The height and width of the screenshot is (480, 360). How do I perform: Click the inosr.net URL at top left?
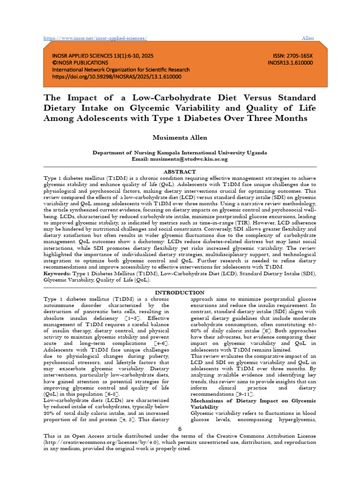(x=95, y=38)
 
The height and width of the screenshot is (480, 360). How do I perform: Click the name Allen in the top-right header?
(x=307, y=38)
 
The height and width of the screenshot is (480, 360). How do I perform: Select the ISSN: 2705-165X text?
(x=290, y=55)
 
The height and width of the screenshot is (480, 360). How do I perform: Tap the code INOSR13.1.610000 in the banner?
(x=290, y=62)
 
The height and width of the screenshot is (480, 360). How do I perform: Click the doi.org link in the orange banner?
(x=117, y=76)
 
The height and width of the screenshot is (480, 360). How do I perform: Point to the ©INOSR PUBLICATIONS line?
(x=80, y=62)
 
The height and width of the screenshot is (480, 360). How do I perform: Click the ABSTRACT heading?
(x=180, y=172)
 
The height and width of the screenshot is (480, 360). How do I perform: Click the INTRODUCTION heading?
(x=180, y=292)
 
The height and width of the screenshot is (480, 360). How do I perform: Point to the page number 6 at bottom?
(x=180, y=429)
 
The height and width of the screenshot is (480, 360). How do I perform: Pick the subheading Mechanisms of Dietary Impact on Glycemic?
(x=253, y=401)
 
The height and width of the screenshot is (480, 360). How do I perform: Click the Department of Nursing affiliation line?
(x=180, y=152)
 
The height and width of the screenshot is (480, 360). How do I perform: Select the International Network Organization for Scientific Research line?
(x=120, y=69)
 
